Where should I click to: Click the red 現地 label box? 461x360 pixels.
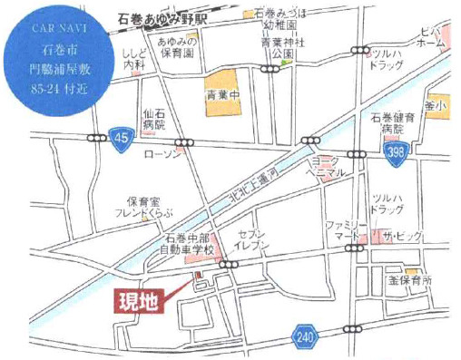(x=139, y=301)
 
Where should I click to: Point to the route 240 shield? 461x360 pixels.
(x=307, y=336)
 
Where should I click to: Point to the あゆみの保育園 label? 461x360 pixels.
(x=179, y=46)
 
